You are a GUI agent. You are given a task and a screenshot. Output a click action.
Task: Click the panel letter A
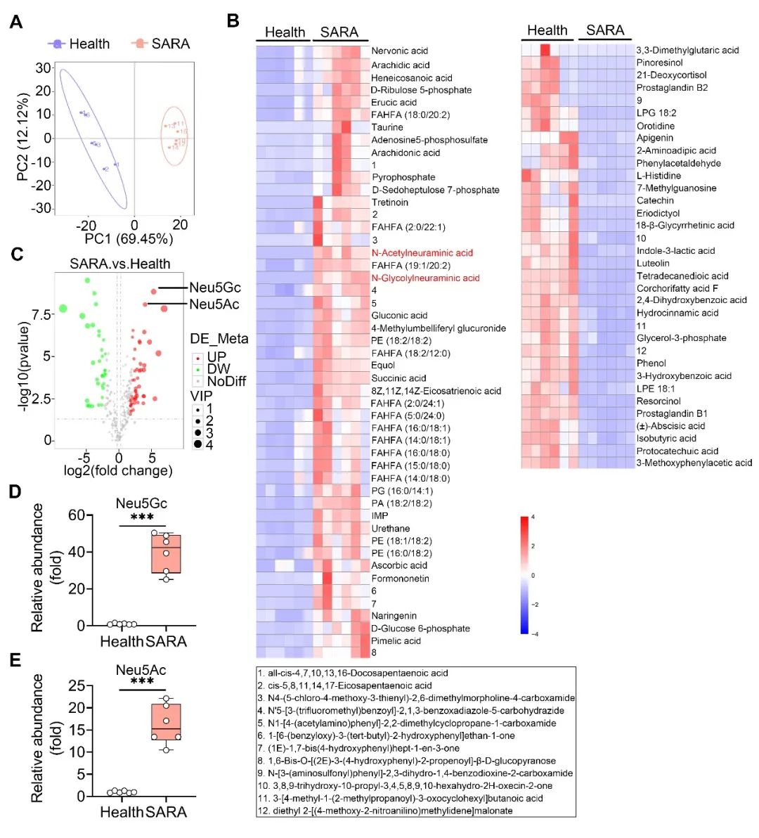coord(15,22)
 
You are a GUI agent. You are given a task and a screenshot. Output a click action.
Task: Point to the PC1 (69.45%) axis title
coord(129,239)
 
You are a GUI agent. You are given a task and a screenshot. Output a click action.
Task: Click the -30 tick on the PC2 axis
coord(42,208)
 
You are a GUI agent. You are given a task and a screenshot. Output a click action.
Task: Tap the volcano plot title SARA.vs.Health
coord(120,264)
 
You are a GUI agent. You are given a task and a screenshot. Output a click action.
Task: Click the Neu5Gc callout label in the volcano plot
coord(215,288)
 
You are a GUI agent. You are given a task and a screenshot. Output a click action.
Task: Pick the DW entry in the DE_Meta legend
coord(218,369)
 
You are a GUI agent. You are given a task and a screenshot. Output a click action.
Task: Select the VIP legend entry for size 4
coord(209,445)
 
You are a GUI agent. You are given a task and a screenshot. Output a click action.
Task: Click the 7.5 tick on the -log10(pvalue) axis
coord(41,314)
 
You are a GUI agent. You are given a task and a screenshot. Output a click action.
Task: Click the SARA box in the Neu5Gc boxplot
coord(166,554)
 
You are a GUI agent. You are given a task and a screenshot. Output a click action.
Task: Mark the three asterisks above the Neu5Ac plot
coord(142,682)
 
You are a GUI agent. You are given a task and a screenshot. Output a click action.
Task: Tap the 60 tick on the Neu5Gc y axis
coord(77,515)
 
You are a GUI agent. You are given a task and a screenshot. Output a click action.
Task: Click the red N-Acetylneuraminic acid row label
coord(422,252)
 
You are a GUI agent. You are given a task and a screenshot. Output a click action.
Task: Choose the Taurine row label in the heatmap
coord(387,127)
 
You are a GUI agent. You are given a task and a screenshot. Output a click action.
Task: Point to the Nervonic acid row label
coord(399,51)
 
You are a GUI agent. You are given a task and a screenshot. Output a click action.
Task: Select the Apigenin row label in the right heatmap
coord(654,138)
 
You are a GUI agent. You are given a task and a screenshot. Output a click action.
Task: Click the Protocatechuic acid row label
coord(677,451)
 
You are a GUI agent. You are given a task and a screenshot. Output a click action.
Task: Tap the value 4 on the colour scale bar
coord(533,517)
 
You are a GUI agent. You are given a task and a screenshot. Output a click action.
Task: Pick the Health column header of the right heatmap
coord(547,30)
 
